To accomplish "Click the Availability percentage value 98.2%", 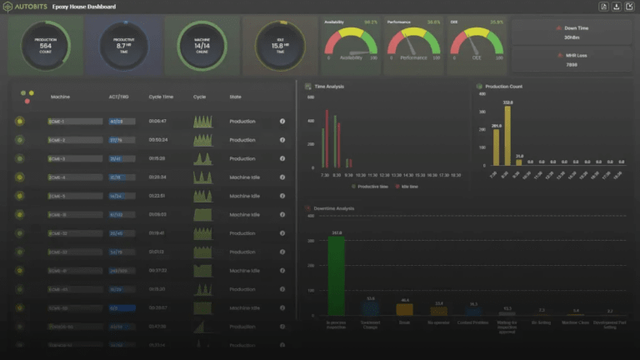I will click(372, 22).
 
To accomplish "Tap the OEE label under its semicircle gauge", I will click(477, 58).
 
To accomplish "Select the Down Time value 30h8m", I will click(572, 37).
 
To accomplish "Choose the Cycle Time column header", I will click(161, 97).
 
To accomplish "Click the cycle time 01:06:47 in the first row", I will click(158, 122).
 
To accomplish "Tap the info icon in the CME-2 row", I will click(282, 140).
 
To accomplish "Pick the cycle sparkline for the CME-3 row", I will click(203, 158).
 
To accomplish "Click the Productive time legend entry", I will click(367, 187).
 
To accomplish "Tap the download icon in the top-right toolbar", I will click(615, 7).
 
